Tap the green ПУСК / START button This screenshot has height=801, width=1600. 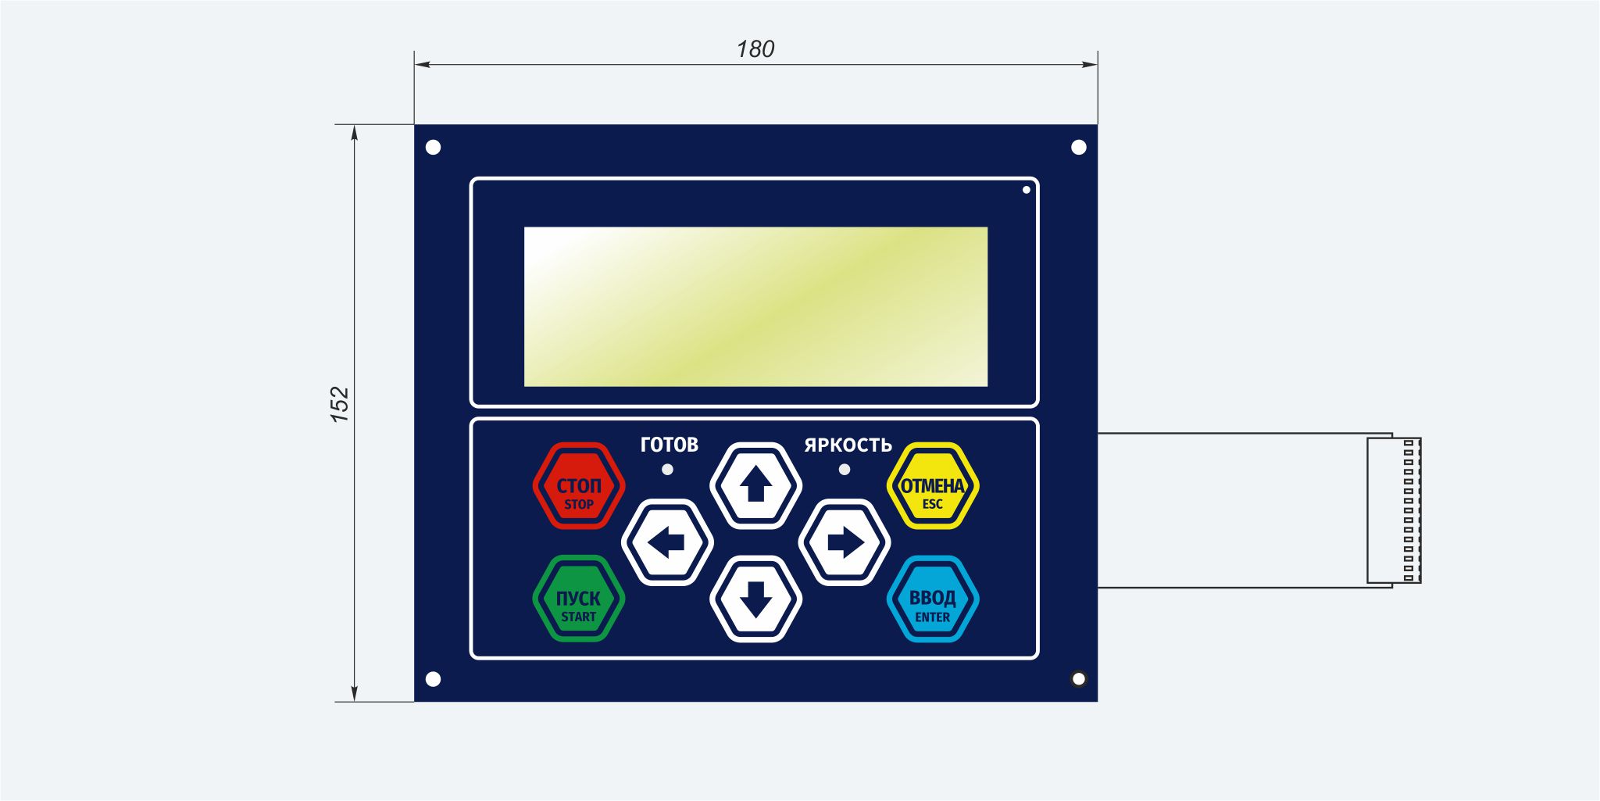(579, 599)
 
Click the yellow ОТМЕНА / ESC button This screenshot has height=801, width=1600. (933, 486)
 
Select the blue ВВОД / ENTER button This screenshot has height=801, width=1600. (933, 599)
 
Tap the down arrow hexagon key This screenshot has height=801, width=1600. (755, 599)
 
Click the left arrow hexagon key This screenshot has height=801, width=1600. (667, 542)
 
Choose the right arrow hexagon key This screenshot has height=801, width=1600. (845, 542)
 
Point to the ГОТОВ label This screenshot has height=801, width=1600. (670, 445)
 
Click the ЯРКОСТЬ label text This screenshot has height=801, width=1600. (848, 445)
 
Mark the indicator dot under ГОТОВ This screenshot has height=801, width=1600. (667, 470)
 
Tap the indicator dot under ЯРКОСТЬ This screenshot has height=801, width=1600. (845, 470)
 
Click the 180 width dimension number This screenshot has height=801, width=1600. (755, 49)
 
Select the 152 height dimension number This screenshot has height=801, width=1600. (340, 405)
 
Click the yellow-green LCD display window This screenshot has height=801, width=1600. (755, 306)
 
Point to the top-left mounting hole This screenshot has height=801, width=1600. (433, 148)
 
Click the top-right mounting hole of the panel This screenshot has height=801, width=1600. (1079, 148)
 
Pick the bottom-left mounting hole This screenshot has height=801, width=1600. (433, 679)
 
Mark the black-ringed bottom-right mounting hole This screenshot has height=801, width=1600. (1079, 679)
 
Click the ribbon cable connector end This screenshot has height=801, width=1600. (1394, 510)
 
